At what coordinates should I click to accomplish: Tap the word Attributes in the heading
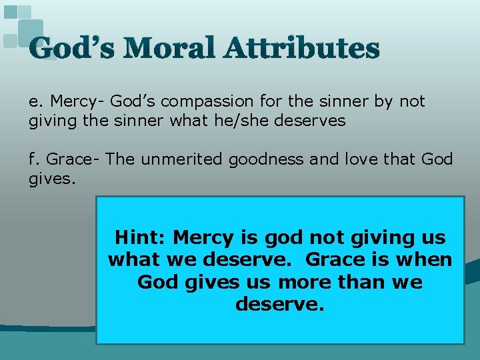click(x=303, y=48)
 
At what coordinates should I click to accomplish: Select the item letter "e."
click(x=37, y=101)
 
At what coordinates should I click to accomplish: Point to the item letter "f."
click(x=35, y=159)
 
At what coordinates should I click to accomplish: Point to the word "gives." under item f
click(x=49, y=179)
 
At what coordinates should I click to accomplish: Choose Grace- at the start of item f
click(x=72, y=159)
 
